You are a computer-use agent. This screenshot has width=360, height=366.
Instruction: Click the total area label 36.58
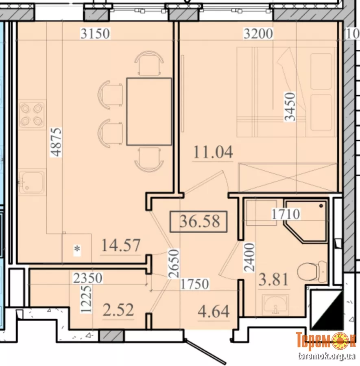(200, 221)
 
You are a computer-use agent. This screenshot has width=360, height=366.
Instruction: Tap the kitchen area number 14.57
(121, 245)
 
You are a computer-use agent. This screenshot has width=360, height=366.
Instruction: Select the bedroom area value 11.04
(213, 152)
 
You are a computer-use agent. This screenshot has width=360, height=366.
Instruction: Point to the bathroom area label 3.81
(273, 279)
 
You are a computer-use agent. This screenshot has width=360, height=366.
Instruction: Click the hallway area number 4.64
(214, 311)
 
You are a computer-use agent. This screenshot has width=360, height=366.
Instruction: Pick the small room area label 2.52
(118, 310)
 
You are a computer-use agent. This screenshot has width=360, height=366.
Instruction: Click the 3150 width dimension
(95, 33)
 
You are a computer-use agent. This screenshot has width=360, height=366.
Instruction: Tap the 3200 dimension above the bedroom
(258, 33)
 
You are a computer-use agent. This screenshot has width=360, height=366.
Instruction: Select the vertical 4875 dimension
(56, 142)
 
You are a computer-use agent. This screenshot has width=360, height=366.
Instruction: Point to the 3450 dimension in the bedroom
(290, 107)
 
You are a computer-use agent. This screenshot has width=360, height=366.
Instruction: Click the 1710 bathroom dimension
(286, 214)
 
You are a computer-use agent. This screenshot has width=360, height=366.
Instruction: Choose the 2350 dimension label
(88, 278)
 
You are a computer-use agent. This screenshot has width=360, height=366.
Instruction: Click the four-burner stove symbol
(32, 114)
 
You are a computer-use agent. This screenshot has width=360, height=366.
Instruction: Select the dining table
(149, 112)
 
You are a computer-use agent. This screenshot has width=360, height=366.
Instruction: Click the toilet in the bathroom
(312, 272)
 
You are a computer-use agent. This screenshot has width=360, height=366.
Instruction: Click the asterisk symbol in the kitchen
(77, 249)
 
